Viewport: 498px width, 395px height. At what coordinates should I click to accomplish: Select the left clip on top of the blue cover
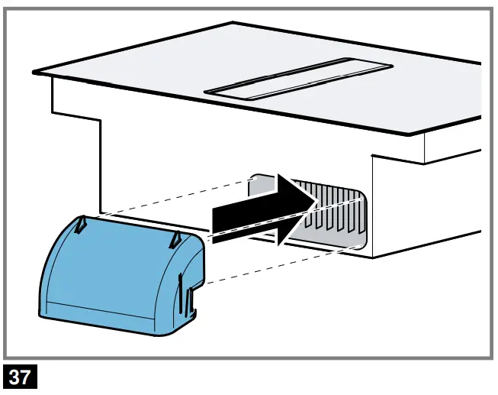82,223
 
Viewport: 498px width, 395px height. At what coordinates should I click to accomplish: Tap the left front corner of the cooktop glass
34,72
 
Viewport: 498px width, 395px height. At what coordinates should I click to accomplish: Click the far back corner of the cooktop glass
233,24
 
